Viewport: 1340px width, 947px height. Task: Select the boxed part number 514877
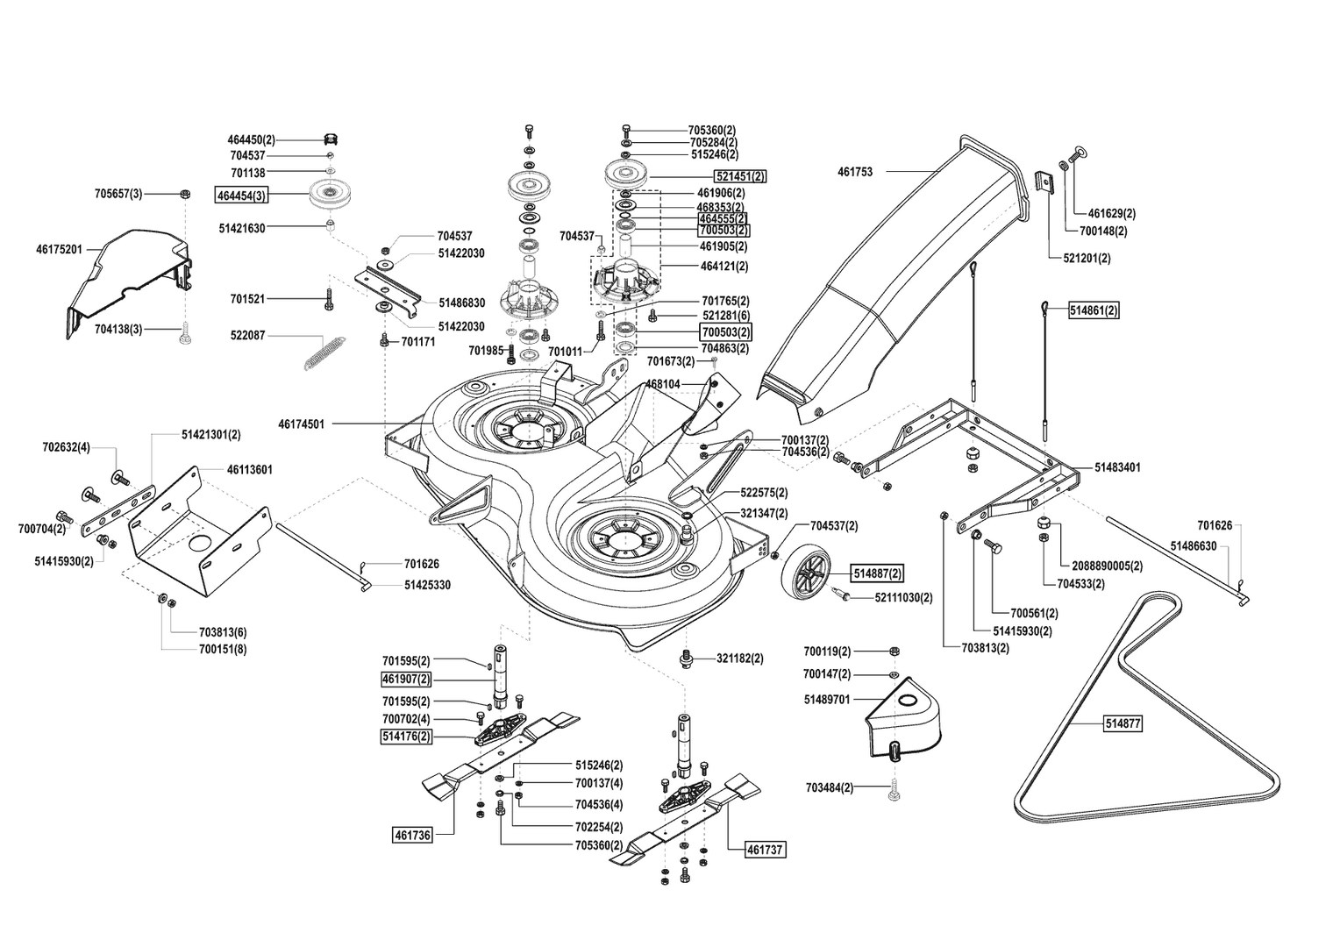point(1123,724)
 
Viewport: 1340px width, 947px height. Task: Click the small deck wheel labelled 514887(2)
point(806,572)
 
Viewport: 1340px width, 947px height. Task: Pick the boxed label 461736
point(412,836)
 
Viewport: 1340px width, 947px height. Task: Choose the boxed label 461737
point(765,850)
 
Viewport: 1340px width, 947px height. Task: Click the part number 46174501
point(302,424)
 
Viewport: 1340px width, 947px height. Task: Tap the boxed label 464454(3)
point(242,195)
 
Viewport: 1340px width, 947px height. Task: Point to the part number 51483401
point(1117,467)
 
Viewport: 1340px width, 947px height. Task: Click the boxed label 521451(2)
point(740,176)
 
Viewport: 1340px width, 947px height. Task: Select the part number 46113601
point(249,470)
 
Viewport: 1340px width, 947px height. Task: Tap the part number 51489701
point(827,700)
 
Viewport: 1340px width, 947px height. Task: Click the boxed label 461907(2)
point(405,680)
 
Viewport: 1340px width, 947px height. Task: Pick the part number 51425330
point(427,585)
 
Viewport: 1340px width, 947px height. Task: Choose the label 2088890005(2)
point(1101,566)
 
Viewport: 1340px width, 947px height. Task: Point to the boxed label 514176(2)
point(405,737)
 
